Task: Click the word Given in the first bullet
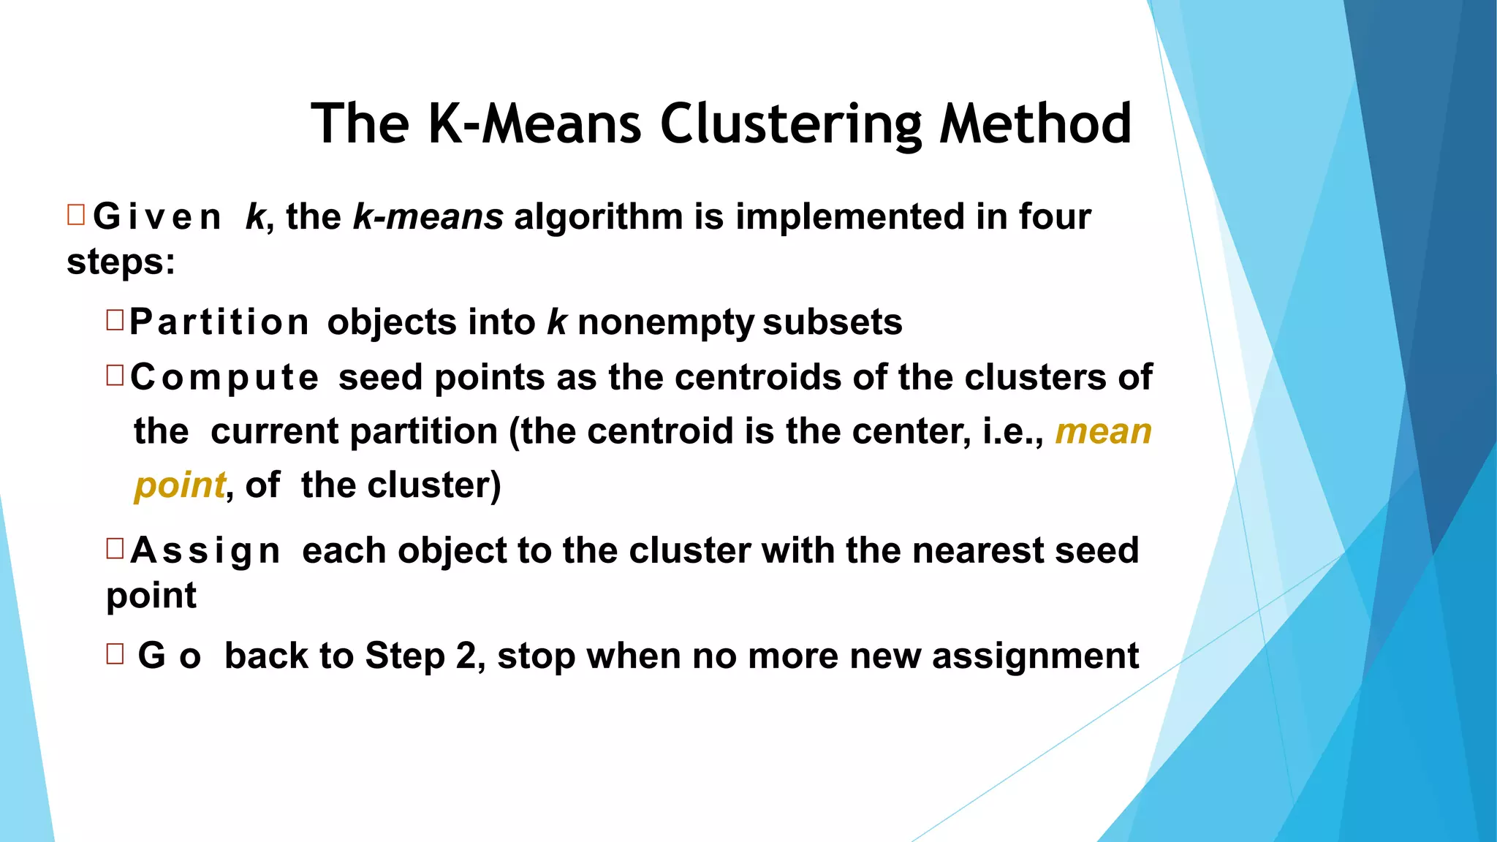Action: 157,218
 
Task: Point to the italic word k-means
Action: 428,217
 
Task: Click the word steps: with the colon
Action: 121,262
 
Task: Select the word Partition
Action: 219,323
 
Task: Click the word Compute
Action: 224,378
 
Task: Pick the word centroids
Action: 758,378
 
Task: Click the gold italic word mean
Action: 1103,431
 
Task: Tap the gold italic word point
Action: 180,485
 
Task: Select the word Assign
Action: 205,551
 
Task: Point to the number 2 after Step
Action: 466,656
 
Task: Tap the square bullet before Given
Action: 76,215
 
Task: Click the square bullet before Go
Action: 115,653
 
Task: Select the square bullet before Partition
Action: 115,320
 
